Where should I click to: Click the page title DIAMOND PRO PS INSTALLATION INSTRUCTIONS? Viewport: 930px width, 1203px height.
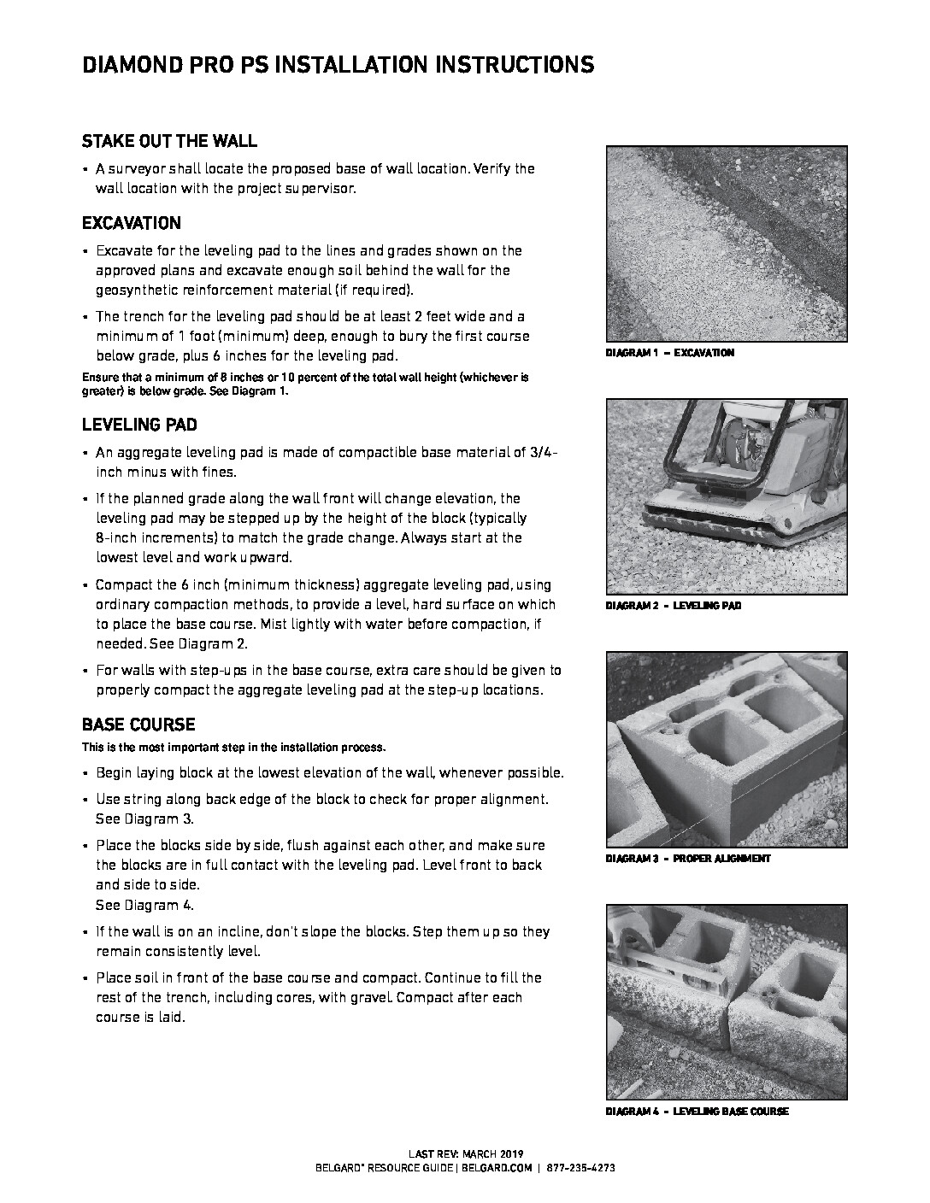[338, 65]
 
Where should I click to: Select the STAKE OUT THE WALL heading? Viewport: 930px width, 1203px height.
[169, 141]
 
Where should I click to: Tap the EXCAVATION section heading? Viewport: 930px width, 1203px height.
[132, 224]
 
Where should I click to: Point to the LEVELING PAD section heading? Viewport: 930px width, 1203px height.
[140, 425]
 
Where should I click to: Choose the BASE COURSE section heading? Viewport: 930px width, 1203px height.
[138, 725]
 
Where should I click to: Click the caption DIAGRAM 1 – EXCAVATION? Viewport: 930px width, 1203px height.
[669, 353]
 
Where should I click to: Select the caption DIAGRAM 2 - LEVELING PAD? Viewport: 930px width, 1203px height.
[673, 606]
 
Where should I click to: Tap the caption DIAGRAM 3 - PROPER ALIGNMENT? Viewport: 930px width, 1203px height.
[687, 859]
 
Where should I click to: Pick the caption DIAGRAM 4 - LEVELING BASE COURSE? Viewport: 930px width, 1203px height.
[697, 1112]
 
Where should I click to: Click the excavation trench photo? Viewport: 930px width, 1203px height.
[727, 244]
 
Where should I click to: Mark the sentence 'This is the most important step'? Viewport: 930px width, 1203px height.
[233, 748]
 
